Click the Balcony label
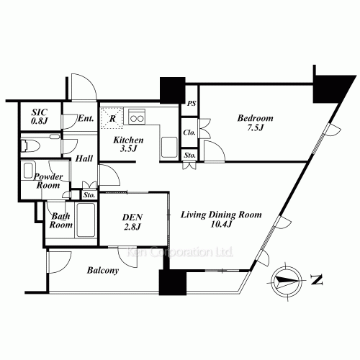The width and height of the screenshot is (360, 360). [x=103, y=273]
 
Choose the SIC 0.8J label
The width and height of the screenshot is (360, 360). [x=40, y=117]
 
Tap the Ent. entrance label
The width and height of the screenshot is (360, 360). [x=85, y=120]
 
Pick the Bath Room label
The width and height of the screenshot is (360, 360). [x=60, y=220]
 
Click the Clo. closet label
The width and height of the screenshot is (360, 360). [x=189, y=133]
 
